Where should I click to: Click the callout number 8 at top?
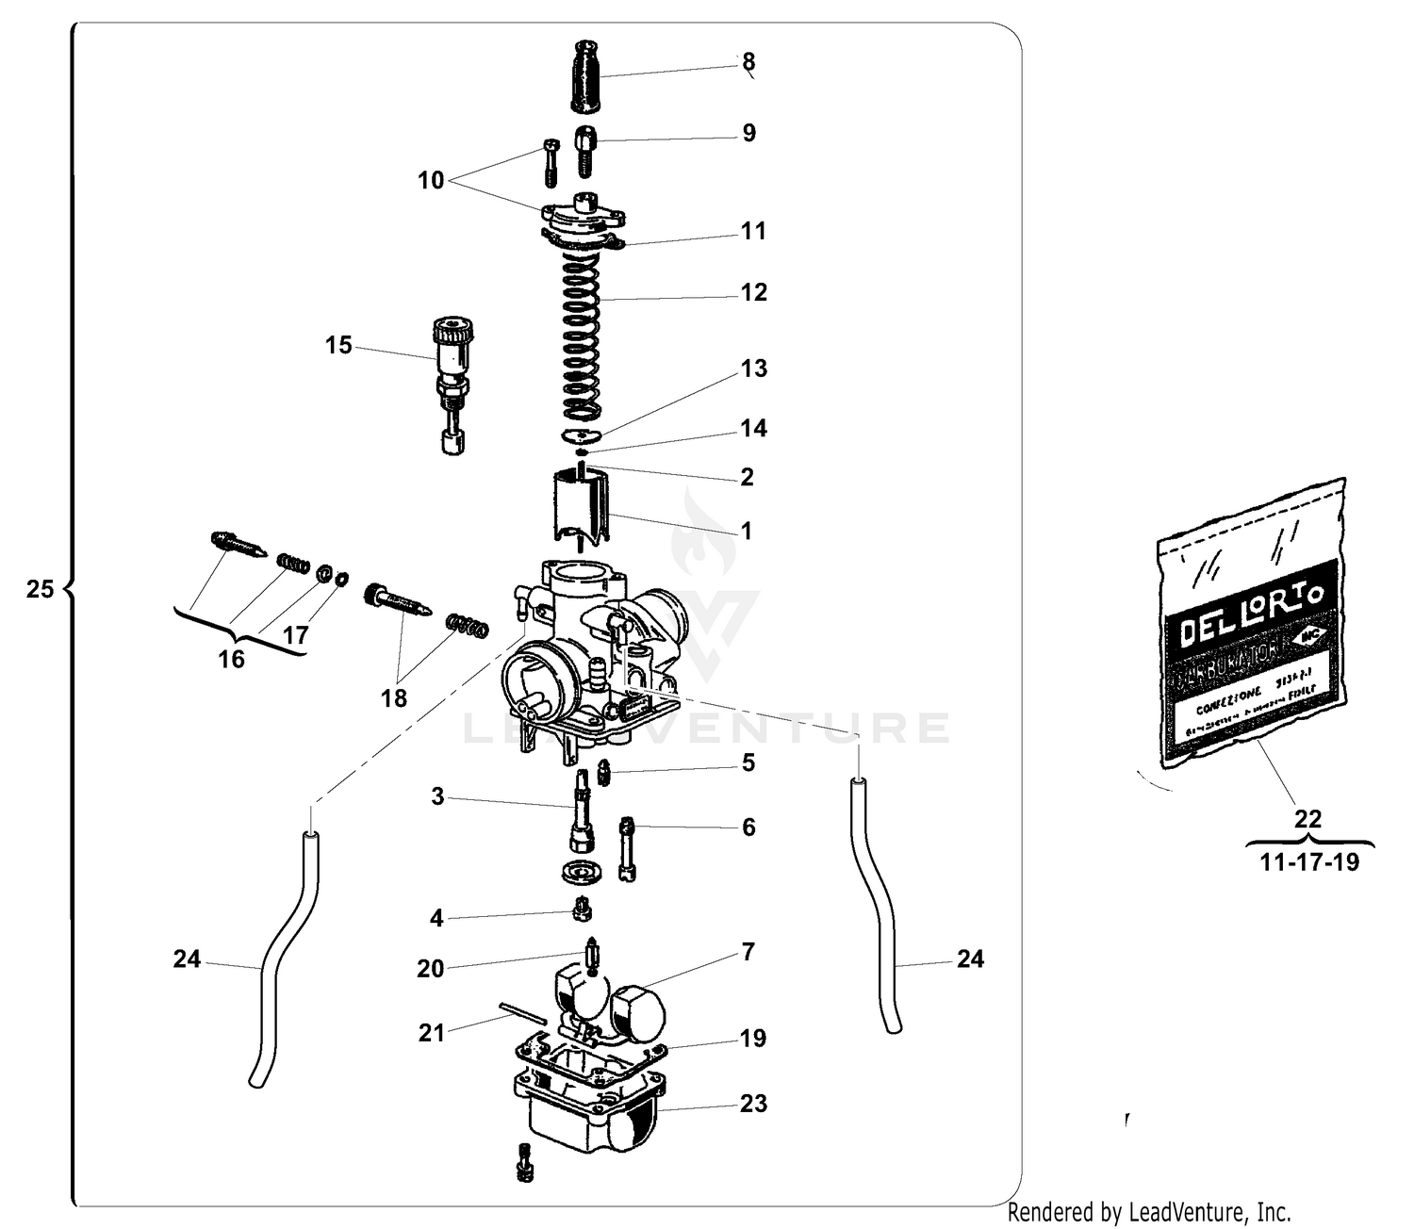[748, 62]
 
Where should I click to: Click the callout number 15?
[338, 346]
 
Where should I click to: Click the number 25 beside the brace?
[40, 590]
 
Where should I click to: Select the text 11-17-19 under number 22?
[1309, 862]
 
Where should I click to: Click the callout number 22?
[1308, 818]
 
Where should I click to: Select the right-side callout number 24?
[970, 959]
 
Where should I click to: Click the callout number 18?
[394, 698]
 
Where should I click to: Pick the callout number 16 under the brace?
[231, 659]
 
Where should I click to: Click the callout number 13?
[753, 369]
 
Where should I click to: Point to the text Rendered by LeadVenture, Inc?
[1149, 1212]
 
